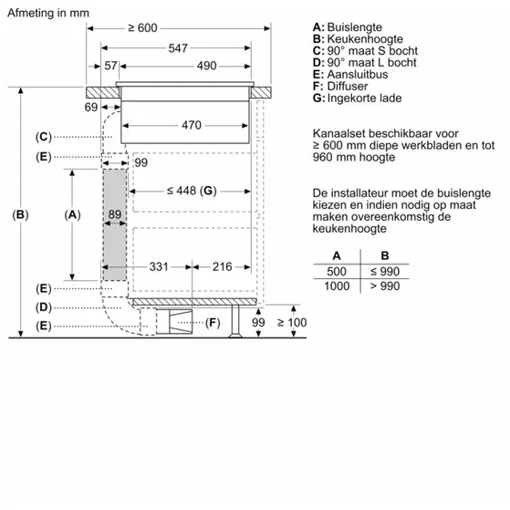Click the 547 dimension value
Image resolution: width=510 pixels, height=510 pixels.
click(x=178, y=47)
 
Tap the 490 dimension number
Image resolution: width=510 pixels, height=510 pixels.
click(x=206, y=66)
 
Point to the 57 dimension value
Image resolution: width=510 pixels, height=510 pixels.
click(x=111, y=66)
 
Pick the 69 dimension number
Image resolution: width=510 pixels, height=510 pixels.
click(x=90, y=109)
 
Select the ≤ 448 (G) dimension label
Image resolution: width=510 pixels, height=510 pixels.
click(x=191, y=191)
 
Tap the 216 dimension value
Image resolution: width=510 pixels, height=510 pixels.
click(x=222, y=266)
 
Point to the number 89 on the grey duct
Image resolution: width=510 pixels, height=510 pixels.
click(x=114, y=215)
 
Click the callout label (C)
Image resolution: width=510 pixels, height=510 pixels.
click(x=43, y=137)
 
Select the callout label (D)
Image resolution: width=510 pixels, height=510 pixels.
click(x=43, y=307)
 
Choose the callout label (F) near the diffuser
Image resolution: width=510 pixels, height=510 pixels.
click(x=213, y=322)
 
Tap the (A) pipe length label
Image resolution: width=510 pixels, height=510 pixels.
click(x=73, y=215)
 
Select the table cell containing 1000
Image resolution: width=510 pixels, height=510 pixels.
click(x=337, y=287)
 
